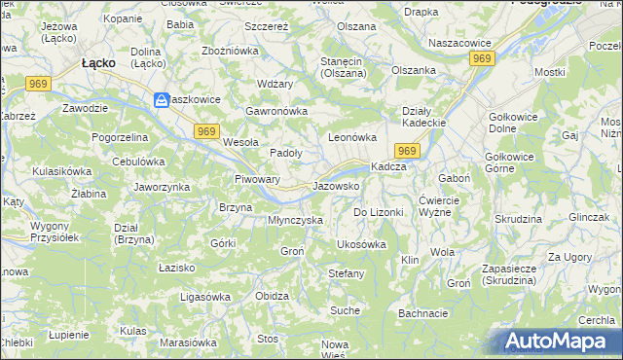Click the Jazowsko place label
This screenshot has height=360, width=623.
coord(337,186)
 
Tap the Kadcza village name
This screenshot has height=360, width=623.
coord(388,167)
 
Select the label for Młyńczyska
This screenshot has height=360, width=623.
coord(295,221)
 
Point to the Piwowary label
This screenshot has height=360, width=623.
coord(258,180)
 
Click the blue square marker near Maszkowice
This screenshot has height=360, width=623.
coord(161,100)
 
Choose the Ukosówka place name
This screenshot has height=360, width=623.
coord(361,244)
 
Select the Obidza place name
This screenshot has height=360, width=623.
coord(272,296)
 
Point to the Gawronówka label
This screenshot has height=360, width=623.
coord(276,111)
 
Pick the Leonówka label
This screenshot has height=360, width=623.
coord(351,138)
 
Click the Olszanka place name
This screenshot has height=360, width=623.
coord(414,70)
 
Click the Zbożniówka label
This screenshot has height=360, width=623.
coord(229,51)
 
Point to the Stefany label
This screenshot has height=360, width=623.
coord(346,273)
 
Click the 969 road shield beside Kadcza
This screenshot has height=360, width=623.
coord(408,150)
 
